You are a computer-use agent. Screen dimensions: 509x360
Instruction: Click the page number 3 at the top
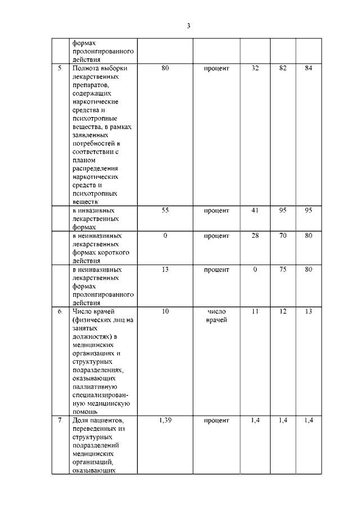(189, 25)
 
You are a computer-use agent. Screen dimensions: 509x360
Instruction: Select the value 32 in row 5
(255, 69)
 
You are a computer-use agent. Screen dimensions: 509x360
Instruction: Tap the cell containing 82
(283, 69)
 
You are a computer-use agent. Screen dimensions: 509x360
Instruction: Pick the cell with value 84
(309, 69)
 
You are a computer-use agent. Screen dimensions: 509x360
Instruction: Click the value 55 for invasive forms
(165, 211)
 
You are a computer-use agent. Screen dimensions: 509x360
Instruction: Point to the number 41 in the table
(255, 211)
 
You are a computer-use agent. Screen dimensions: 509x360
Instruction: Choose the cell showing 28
(255, 236)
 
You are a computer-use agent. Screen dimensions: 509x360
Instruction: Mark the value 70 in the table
(283, 236)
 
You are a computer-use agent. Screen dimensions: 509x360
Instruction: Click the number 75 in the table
(283, 269)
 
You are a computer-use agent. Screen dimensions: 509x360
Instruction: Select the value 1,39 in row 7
(165, 420)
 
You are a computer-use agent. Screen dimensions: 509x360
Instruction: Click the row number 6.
(60, 311)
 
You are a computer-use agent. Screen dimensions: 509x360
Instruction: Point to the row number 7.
(60, 420)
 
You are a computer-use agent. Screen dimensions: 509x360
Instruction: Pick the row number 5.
(60, 69)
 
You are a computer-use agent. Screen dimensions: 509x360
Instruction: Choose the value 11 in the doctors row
(255, 311)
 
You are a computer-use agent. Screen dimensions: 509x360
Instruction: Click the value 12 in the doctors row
(283, 311)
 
